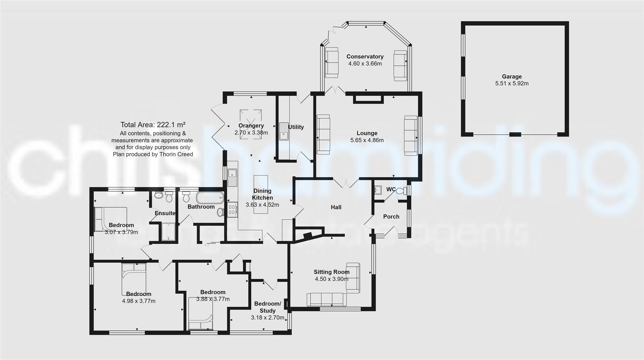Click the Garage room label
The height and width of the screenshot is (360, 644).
(x=512, y=76)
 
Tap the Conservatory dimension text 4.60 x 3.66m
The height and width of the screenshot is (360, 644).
(x=365, y=64)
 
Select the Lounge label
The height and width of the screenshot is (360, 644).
(x=367, y=133)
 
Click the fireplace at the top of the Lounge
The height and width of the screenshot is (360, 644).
(x=368, y=99)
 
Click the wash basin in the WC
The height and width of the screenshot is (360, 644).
(x=378, y=190)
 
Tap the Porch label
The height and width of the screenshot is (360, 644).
(x=391, y=217)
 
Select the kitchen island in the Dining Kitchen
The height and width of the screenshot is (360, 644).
(x=261, y=194)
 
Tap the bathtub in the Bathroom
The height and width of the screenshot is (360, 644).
(x=210, y=197)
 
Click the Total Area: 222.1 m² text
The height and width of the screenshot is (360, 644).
(x=153, y=125)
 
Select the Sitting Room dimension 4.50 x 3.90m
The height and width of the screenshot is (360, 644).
(x=331, y=279)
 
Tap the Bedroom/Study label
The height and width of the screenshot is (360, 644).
(x=267, y=307)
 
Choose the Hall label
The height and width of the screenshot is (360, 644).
(x=336, y=207)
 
